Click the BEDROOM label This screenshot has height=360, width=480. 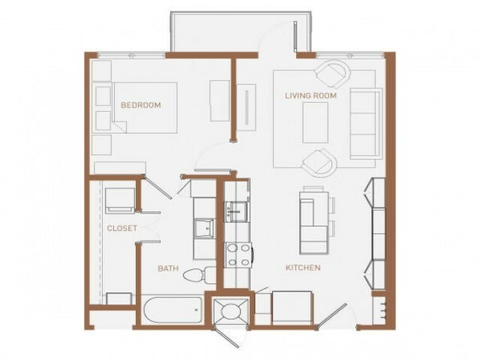(140, 105)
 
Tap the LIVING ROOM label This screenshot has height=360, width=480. (311, 95)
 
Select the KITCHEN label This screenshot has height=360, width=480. (303, 268)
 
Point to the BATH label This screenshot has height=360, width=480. (168, 269)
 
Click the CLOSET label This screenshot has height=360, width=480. (122, 228)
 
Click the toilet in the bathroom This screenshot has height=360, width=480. (200, 275)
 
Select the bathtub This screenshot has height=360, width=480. (173, 310)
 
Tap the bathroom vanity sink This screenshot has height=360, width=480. (205, 228)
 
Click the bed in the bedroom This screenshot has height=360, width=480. (145, 107)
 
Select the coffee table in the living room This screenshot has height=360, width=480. (315, 123)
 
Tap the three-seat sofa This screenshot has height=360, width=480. (367, 123)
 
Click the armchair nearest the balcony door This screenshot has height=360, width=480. (333, 74)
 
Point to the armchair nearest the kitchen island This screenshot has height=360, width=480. (319, 162)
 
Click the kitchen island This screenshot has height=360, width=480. (315, 222)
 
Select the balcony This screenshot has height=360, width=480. (241, 32)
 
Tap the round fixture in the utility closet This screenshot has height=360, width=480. (231, 312)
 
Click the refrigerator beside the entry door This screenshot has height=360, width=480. (292, 308)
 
